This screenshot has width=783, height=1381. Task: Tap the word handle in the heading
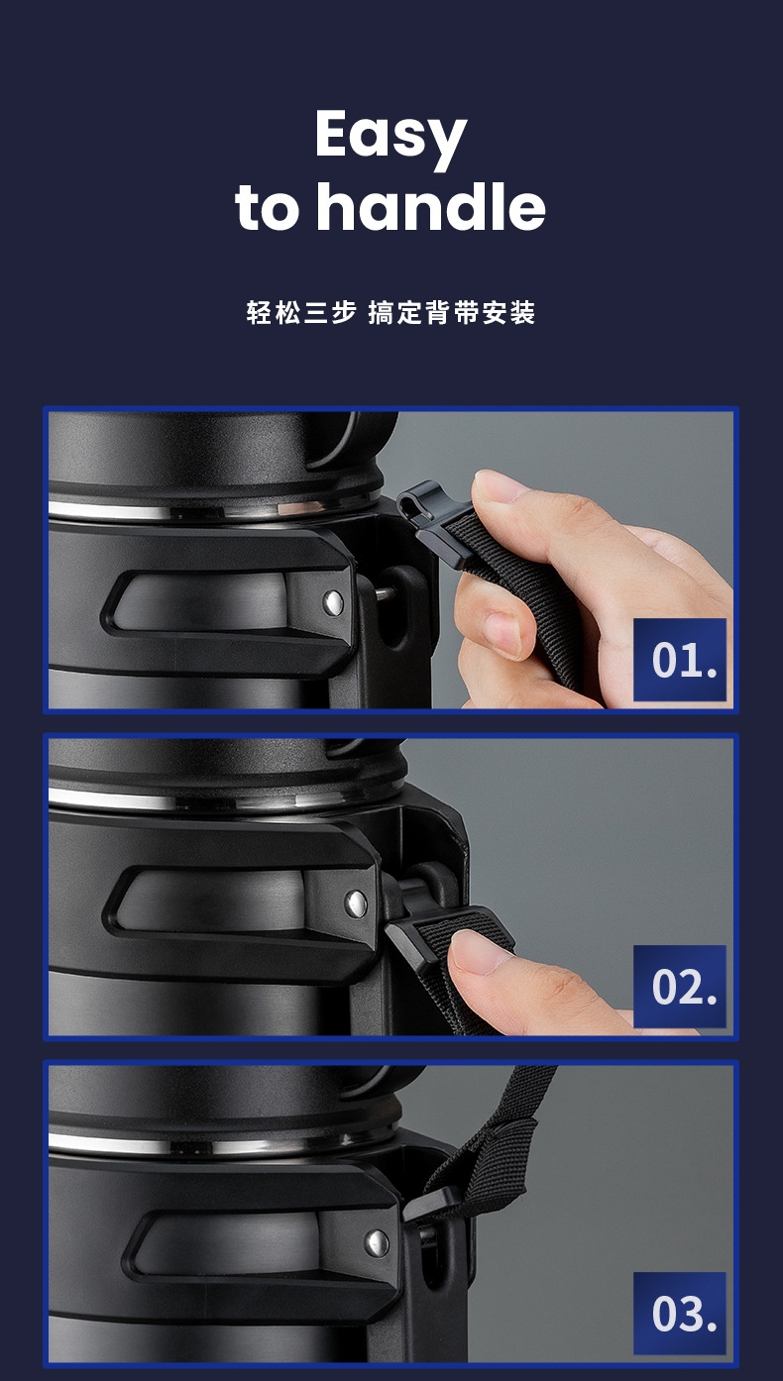point(431,206)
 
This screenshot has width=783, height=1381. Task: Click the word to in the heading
point(268,208)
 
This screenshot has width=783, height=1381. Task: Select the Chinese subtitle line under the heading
point(391,313)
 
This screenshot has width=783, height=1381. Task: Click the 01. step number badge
point(679,660)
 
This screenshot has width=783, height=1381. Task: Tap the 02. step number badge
point(679,986)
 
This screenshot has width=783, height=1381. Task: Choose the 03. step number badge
point(679,1313)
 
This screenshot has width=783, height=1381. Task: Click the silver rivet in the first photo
point(334,602)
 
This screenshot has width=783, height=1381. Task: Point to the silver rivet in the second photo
point(356,904)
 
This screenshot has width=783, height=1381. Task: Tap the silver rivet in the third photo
point(377,1243)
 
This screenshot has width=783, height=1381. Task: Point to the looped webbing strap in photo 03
point(497,1140)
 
